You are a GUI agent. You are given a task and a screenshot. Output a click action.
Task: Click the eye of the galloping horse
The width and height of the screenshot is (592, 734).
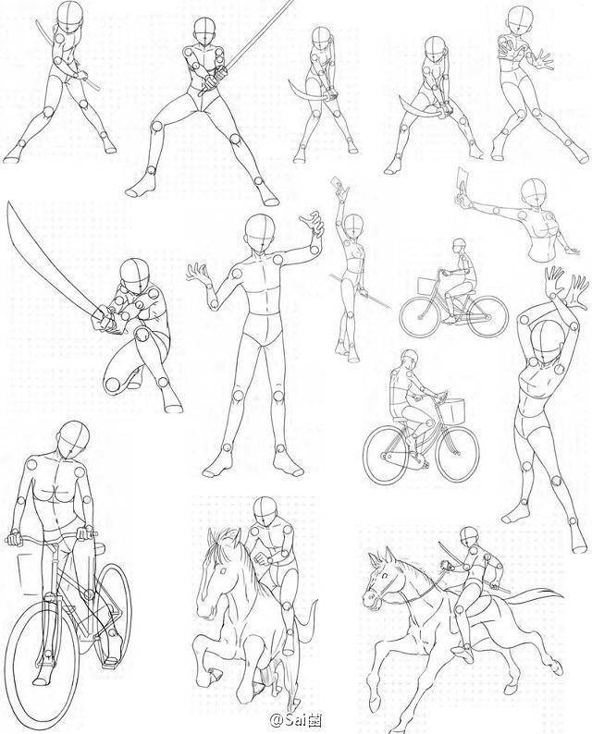coord(385,575)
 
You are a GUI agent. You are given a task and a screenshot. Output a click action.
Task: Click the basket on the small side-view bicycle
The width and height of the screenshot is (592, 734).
coord(426,285)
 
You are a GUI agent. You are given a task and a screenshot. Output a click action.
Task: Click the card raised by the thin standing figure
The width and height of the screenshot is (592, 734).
coord(338,185)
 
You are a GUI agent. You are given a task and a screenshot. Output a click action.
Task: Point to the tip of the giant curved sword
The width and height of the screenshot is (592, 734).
coord(8,203)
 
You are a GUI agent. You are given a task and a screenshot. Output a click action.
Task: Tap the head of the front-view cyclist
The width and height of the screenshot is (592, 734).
coord(73,437)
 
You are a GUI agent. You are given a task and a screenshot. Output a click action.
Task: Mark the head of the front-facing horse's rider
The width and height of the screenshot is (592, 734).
coord(266,510)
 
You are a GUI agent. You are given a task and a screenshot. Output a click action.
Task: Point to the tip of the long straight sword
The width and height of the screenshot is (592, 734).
coord(293,2)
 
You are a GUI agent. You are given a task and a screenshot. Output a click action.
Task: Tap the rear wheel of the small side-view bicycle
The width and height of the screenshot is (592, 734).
coord(487,316)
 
